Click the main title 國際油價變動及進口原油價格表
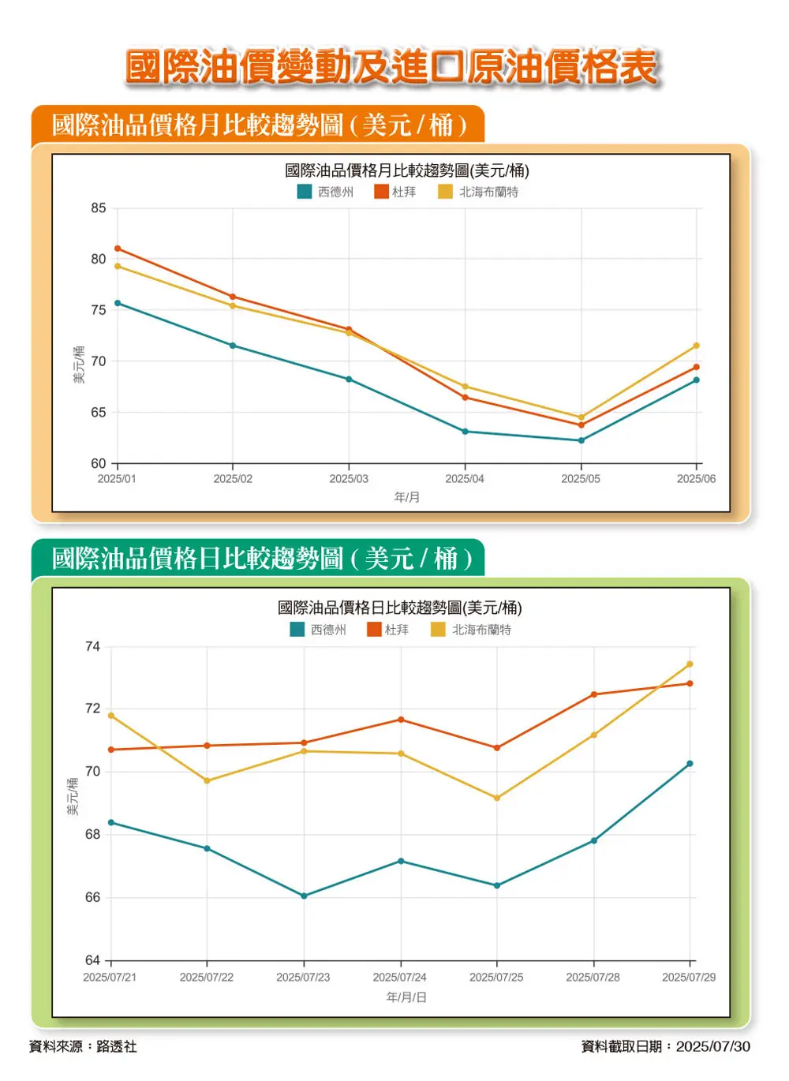point(392,66)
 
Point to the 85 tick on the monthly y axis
point(98,208)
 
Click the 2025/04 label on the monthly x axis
point(465,479)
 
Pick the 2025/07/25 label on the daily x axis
point(496,977)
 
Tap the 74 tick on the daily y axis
point(92,647)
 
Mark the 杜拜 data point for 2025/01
point(118,249)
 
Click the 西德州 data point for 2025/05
point(581,440)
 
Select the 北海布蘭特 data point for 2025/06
point(696,346)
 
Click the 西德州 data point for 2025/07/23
point(304,896)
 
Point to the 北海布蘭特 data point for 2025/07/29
point(690,664)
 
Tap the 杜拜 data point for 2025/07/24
point(401,720)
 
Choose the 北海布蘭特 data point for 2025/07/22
point(208,780)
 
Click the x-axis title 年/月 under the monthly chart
point(407,497)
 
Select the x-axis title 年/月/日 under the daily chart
point(406,997)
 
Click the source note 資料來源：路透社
point(83,1046)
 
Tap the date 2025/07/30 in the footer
point(713,1046)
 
